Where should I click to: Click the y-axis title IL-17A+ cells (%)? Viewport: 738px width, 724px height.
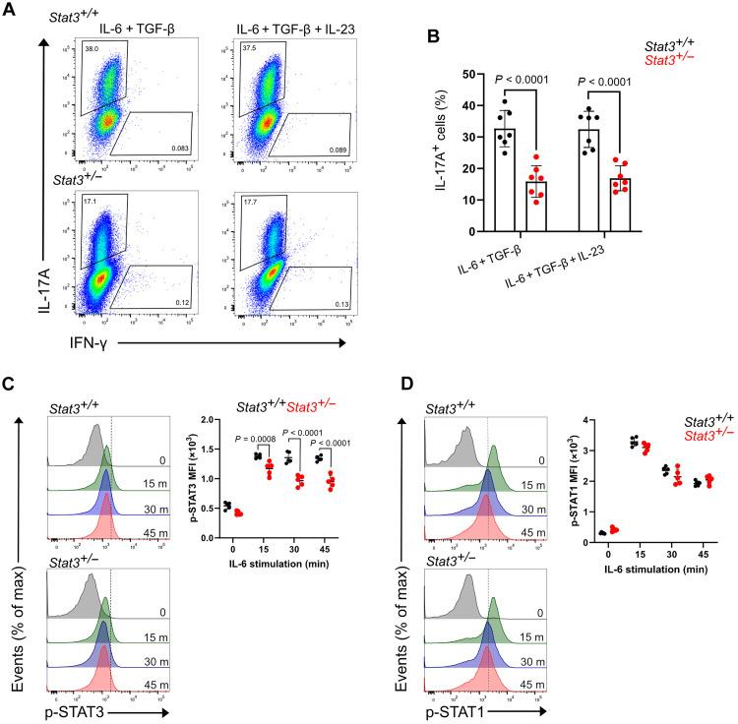pos(444,152)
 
